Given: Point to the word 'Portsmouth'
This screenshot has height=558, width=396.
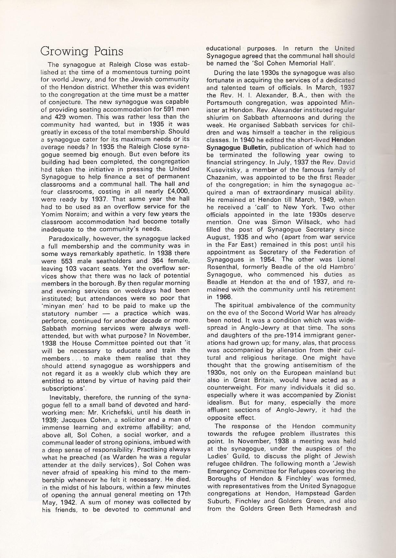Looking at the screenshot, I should (223, 103).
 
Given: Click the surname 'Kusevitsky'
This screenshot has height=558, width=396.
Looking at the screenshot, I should (223, 170).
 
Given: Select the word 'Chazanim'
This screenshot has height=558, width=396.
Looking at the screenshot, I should (221, 178).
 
